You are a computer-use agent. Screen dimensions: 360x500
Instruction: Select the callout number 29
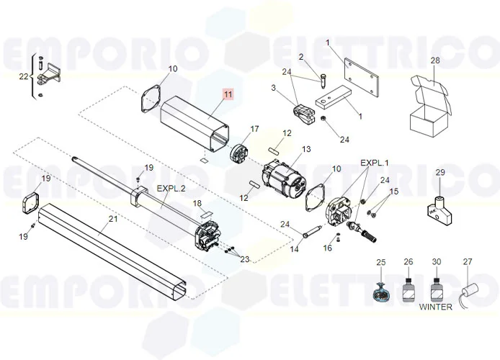(x=440, y=172)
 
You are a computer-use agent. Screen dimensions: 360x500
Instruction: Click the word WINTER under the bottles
(x=436, y=307)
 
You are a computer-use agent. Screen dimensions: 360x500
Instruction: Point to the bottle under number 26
(x=409, y=292)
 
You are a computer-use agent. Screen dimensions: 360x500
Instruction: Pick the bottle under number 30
(x=436, y=292)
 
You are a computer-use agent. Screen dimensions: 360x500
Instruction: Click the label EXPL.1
(x=375, y=164)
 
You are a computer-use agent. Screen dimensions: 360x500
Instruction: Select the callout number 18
(x=197, y=204)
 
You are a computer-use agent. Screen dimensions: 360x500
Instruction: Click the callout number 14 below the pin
(x=294, y=249)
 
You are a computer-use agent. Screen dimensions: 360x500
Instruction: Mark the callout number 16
(x=329, y=248)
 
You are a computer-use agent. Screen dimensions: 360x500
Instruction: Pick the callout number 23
(x=244, y=258)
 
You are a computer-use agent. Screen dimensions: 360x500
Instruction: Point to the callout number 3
(x=274, y=88)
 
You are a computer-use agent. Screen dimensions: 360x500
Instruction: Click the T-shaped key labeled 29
(x=439, y=207)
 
